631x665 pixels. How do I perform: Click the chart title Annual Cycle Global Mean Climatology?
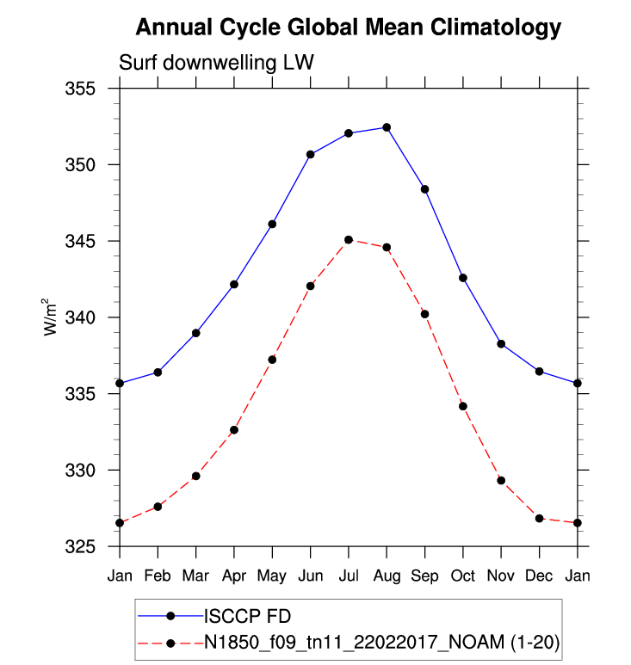348,28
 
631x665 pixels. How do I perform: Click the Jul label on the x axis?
348,574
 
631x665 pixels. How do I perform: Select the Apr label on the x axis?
233,574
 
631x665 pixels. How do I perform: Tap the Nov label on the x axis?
500,574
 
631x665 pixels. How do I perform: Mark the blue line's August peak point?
387,127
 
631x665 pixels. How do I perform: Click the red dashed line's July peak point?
349,240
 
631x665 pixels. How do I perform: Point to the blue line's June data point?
310,154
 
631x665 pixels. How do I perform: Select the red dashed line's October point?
462,406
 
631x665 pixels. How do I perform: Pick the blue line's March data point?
195,333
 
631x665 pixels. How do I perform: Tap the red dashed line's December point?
539,518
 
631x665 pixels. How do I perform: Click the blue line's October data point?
462,278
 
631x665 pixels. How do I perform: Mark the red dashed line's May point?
272,360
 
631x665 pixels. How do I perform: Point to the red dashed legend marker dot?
170,643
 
